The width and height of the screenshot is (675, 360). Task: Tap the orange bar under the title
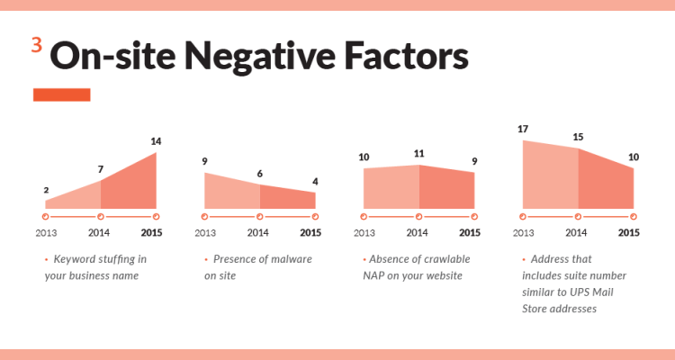[61, 94]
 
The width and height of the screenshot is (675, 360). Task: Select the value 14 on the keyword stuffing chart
[156, 141]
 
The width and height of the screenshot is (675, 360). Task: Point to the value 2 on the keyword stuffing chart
[46, 190]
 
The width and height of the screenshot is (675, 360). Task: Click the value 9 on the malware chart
[205, 162]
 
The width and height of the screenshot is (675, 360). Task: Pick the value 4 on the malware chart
[315, 181]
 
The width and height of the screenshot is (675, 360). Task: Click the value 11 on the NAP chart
[418, 154]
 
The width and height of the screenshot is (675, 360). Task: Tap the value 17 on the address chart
[523, 130]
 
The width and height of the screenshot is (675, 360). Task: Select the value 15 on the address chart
[578, 137]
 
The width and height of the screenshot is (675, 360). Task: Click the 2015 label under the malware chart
[310, 233]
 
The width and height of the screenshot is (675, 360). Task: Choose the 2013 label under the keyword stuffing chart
[47, 233]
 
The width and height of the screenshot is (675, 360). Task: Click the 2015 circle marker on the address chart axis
[634, 217]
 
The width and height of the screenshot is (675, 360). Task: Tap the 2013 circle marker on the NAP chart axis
[364, 217]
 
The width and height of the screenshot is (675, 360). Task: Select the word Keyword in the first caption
[74, 259]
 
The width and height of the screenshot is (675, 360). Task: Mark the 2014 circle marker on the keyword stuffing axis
[101, 217]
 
